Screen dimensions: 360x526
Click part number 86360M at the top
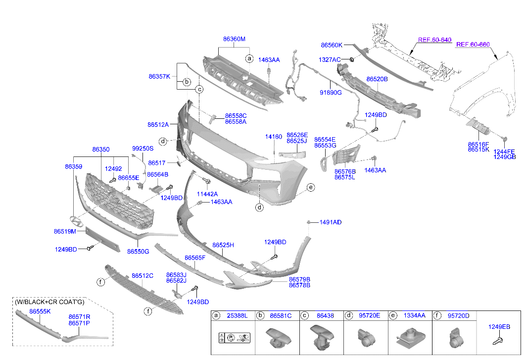234,39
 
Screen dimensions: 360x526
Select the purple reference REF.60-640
434,40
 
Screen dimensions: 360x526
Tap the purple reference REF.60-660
473,45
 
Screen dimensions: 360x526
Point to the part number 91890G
331,92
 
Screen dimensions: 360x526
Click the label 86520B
377,79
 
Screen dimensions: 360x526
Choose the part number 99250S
143,149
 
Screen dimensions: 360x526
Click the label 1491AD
330,222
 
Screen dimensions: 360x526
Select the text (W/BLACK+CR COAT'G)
49,302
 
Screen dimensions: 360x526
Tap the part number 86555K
40,311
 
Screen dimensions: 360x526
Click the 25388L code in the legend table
237,315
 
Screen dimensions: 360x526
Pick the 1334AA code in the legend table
414,315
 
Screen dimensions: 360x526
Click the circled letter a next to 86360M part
249,58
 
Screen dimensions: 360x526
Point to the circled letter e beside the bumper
311,187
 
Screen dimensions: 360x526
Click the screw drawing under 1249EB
498,341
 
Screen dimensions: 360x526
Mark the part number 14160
273,136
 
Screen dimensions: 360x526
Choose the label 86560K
332,45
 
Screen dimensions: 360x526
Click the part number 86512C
143,276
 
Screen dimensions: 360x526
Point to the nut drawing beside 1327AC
351,60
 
